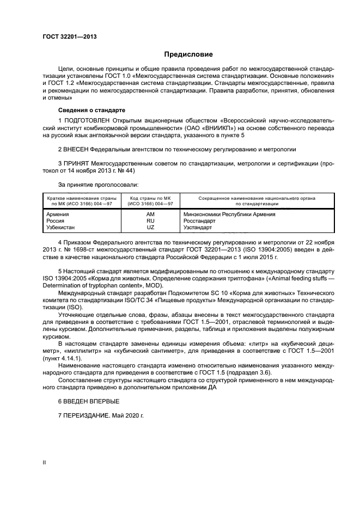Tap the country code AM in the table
pyautogui.click(x=150, y=214)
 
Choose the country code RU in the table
pyautogui.click(x=150, y=221)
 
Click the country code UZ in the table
pyautogui.click(x=150, y=228)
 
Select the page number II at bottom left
pyautogui.click(x=45, y=462)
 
